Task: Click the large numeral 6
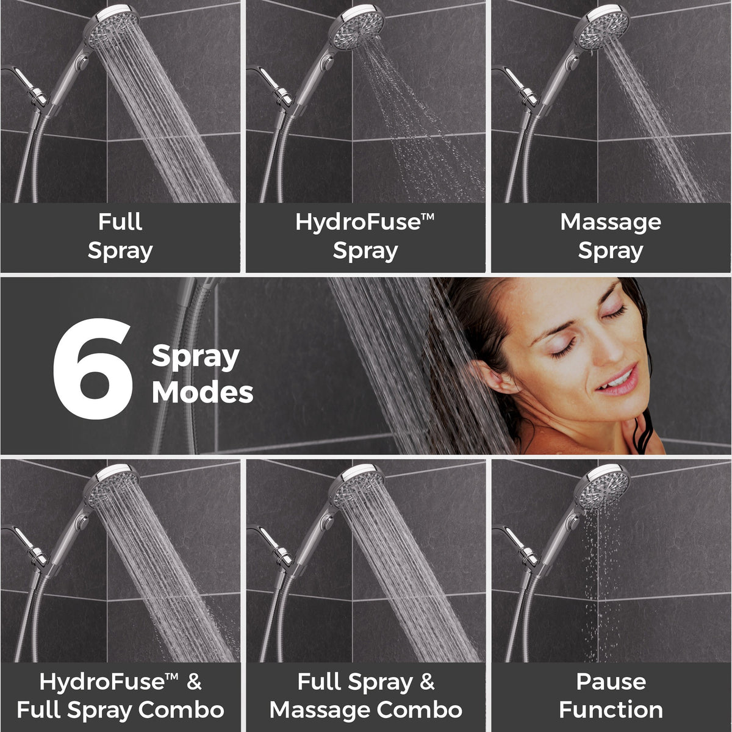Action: pos(93,369)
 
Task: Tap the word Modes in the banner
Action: pos(203,392)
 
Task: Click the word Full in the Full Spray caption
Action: pos(120,222)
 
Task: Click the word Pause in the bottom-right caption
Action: pos(611,681)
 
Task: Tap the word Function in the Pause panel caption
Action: pos(611,709)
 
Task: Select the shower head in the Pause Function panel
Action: pos(601,486)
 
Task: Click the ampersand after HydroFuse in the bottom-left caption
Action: pos(194,682)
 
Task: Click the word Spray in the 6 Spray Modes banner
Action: pos(195,357)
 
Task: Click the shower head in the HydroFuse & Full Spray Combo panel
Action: pos(110,486)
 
